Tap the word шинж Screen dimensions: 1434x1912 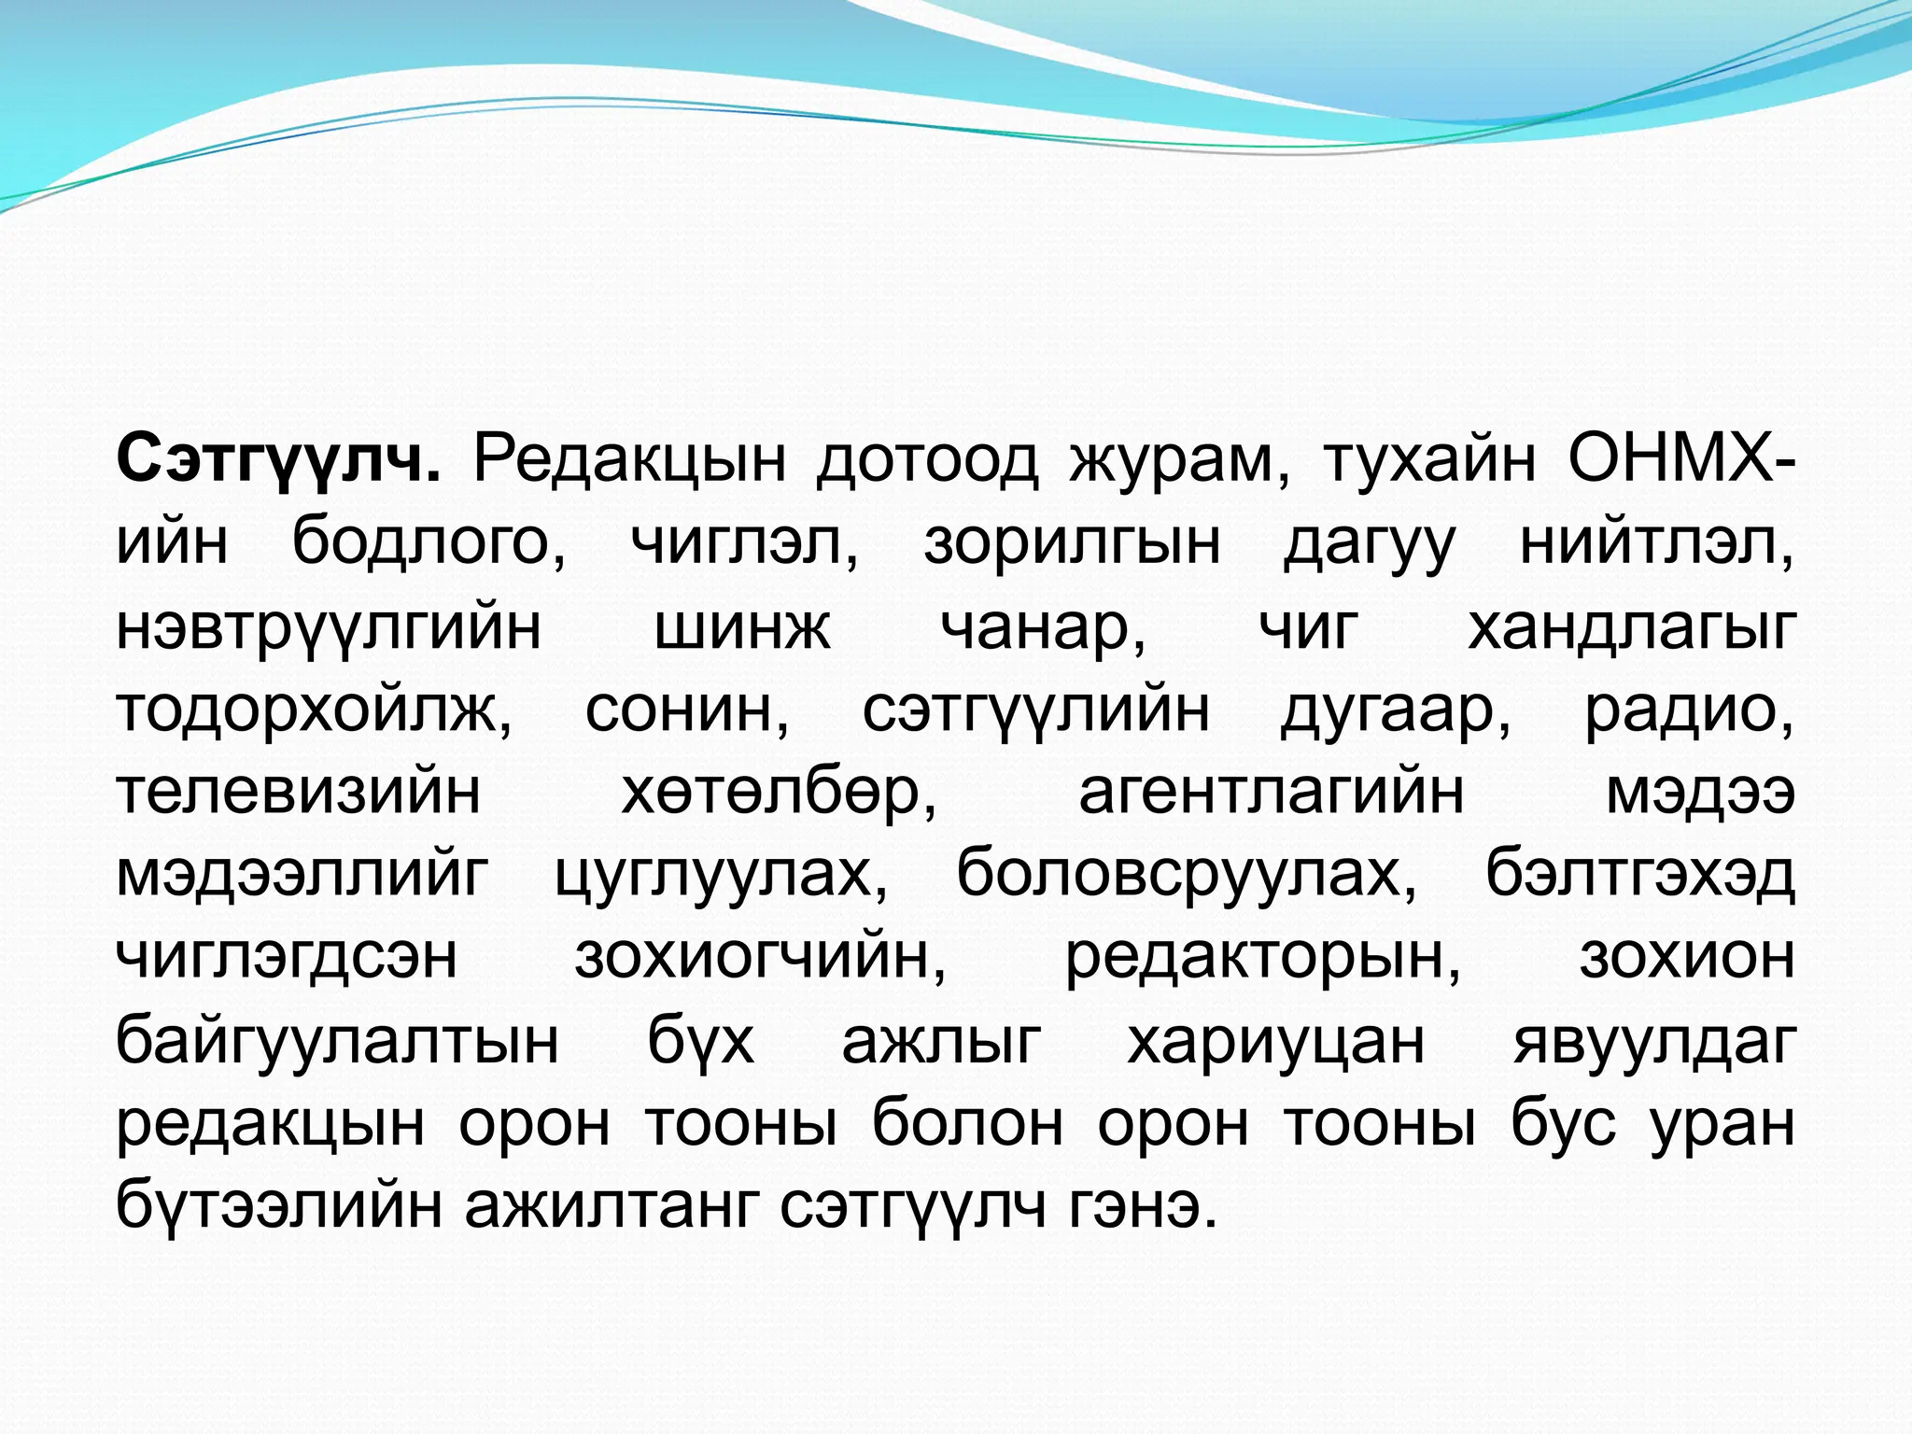tap(741, 626)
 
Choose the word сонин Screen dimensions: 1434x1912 tap(686, 710)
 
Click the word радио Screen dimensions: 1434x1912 tap(1688, 710)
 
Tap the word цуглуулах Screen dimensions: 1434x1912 tap(721, 876)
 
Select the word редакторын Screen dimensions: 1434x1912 tap(1262, 958)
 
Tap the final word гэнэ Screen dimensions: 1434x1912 tap(1140, 1206)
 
